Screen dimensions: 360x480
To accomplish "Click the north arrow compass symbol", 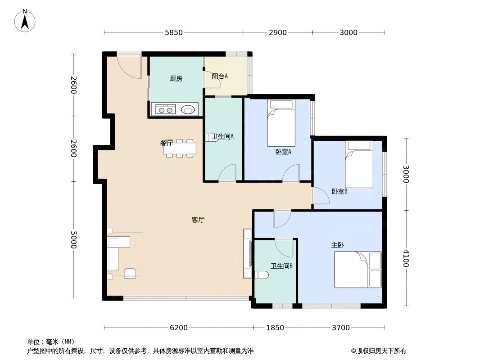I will [25, 21].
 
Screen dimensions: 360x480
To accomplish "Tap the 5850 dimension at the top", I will [174, 32].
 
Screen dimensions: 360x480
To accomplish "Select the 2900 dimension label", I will [277, 32].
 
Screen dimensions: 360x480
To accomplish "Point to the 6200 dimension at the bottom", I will [179, 328].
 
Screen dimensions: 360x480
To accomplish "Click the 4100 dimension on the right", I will [406, 258].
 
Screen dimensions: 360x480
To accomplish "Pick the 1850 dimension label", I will [275, 328].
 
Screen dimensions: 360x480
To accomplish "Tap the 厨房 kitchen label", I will [176, 79].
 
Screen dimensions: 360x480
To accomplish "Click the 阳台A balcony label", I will [220, 76].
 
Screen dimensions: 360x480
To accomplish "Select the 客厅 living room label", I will [198, 220].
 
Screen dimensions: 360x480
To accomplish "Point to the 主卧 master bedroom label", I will [338, 245].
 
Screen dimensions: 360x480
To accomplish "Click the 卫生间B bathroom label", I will [281, 266].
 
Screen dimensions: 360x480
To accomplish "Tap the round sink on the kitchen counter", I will [188, 109].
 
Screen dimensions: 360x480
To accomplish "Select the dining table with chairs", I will [180, 148].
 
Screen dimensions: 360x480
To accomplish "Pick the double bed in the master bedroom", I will [358, 270].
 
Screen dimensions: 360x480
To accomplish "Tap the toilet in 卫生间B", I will [262, 275].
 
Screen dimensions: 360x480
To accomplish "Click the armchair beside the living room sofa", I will [130, 273].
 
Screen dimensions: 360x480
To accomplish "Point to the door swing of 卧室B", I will [320, 195].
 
